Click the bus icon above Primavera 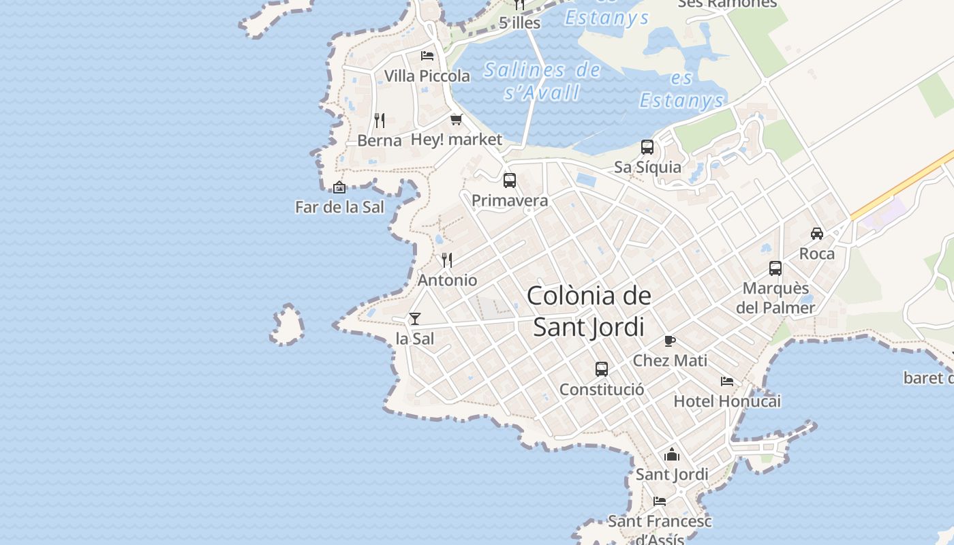[x=509, y=181]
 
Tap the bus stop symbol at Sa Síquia [x=647, y=147]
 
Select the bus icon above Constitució [x=601, y=369]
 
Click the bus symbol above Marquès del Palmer [x=775, y=268]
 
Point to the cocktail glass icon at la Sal [x=414, y=318]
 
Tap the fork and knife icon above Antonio [x=447, y=260]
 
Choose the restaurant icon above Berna [x=380, y=121]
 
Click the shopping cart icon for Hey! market [x=456, y=119]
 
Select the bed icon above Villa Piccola [x=427, y=55]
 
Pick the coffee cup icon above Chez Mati [x=669, y=341]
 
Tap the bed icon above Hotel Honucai [x=727, y=381]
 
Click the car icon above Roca [x=816, y=234]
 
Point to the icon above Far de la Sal [x=339, y=187]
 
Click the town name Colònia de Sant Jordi [x=589, y=311]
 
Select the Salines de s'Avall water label [x=542, y=80]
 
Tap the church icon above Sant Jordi [x=672, y=454]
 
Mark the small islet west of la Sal [x=288, y=325]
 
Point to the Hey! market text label [x=456, y=140]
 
